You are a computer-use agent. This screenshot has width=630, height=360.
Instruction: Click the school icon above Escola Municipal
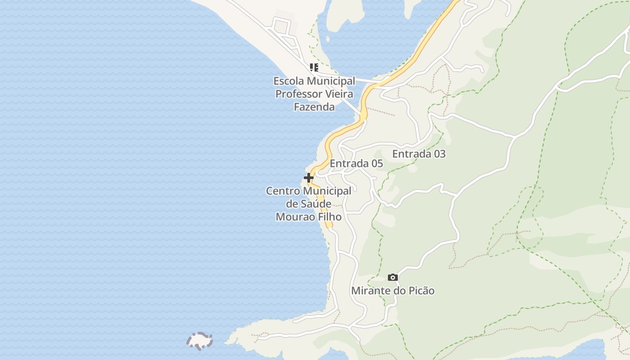click(x=314, y=67)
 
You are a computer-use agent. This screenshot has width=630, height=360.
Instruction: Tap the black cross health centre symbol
click(x=309, y=178)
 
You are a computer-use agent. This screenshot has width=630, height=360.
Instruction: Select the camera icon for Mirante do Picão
click(x=393, y=277)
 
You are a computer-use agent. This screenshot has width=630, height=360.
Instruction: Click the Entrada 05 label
click(x=356, y=163)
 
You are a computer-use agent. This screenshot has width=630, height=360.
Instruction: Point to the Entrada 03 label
click(x=419, y=154)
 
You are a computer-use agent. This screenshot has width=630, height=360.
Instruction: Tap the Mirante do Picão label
click(x=393, y=291)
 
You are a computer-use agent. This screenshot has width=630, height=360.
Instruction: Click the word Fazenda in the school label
click(x=314, y=107)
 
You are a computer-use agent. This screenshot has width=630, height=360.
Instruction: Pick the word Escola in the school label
click(x=289, y=81)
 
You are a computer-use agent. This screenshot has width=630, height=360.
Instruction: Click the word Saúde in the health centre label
click(x=315, y=204)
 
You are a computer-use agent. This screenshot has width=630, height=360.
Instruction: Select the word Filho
click(x=329, y=217)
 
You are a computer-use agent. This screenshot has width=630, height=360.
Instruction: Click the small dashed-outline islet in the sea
click(x=199, y=341)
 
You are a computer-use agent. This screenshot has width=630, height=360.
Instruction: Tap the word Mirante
click(x=371, y=291)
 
